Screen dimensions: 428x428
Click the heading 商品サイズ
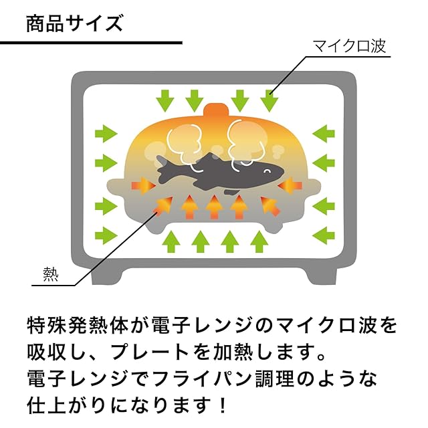pos(74,23)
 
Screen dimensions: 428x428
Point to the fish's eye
pos(266,171)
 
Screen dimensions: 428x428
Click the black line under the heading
pos(91,43)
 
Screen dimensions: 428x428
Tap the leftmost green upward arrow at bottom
pos(171,240)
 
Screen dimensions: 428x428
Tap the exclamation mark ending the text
pos(220,405)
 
